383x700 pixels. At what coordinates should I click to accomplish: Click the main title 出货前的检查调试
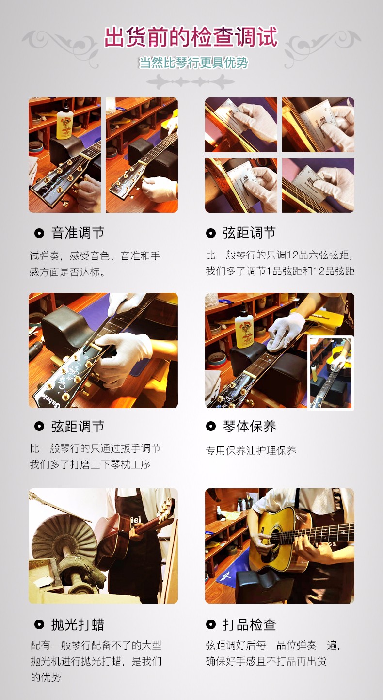click(191, 37)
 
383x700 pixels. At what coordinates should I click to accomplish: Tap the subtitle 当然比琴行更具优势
click(193, 63)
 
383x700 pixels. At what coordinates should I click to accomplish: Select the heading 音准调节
click(78, 233)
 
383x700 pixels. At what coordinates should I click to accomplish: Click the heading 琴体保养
click(249, 426)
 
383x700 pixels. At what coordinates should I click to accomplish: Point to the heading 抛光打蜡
click(78, 625)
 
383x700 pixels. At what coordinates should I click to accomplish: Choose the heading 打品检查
click(249, 625)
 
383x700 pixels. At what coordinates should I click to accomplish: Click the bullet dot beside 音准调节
click(39, 233)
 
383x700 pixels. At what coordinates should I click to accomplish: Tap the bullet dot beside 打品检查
click(211, 625)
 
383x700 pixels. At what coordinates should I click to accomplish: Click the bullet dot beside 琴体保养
click(211, 426)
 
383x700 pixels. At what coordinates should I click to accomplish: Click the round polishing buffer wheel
click(64, 534)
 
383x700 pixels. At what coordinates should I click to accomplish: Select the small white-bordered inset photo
click(331, 372)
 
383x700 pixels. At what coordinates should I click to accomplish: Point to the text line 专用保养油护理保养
click(251, 451)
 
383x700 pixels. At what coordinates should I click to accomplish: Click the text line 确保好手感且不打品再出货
click(266, 661)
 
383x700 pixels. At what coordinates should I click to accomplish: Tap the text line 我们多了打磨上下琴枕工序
click(90, 465)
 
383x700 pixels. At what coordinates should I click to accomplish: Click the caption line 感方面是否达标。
click(67, 272)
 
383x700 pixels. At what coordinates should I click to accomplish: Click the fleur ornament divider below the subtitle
click(191, 82)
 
